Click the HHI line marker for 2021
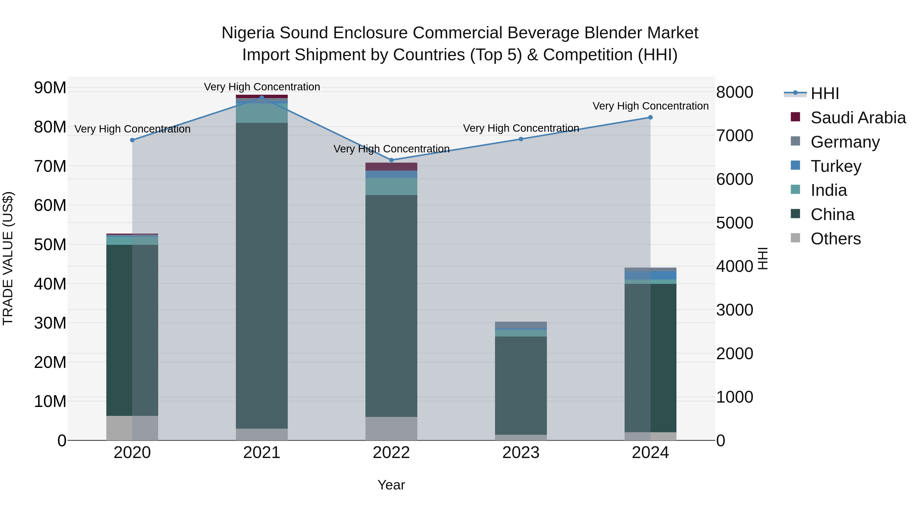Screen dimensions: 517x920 tap(262, 98)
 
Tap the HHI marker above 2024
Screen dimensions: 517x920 tap(650, 117)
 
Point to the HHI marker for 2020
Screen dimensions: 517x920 tap(132, 140)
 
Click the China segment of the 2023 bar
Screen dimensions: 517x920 tap(521, 385)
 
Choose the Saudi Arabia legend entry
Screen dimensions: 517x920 tap(858, 118)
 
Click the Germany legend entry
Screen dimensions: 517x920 tap(845, 142)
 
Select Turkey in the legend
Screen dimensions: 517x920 tap(836, 166)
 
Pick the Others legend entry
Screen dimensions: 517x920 tap(835, 239)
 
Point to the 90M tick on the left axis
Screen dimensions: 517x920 tap(50, 88)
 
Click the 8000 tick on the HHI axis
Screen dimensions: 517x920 tap(735, 92)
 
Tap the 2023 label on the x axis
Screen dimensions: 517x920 tap(521, 453)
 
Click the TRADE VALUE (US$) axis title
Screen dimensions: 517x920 tap(8, 258)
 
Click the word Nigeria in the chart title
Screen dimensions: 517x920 tap(248, 33)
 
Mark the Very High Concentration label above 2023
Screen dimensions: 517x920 tap(521, 128)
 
